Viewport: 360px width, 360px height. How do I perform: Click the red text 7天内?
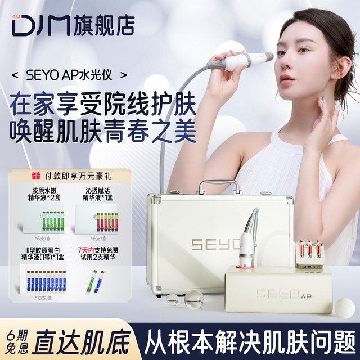click(88, 247)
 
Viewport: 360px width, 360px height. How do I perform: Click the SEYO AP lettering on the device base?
click(281, 294)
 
